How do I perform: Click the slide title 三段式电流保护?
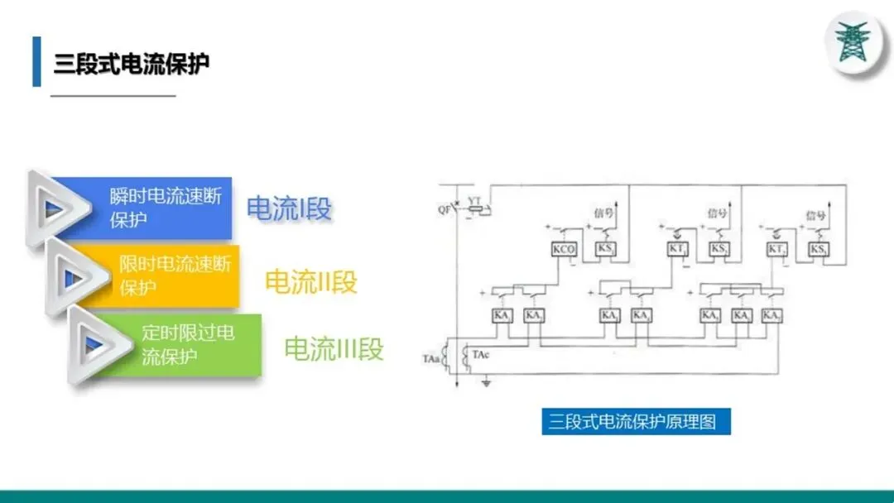(x=131, y=64)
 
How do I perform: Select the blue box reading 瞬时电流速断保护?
(x=166, y=208)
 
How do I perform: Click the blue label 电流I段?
(x=289, y=208)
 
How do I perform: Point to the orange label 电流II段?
(x=310, y=281)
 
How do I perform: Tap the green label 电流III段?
(x=334, y=348)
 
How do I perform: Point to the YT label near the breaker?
(x=474, y=201)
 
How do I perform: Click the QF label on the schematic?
(x=445, y=209)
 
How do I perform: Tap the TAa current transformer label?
(x=430, y=357)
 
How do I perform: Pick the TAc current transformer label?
(x=480, y=354)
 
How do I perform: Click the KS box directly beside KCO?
(x=605, y=249)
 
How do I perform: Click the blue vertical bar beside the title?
(x=36, y=61)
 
